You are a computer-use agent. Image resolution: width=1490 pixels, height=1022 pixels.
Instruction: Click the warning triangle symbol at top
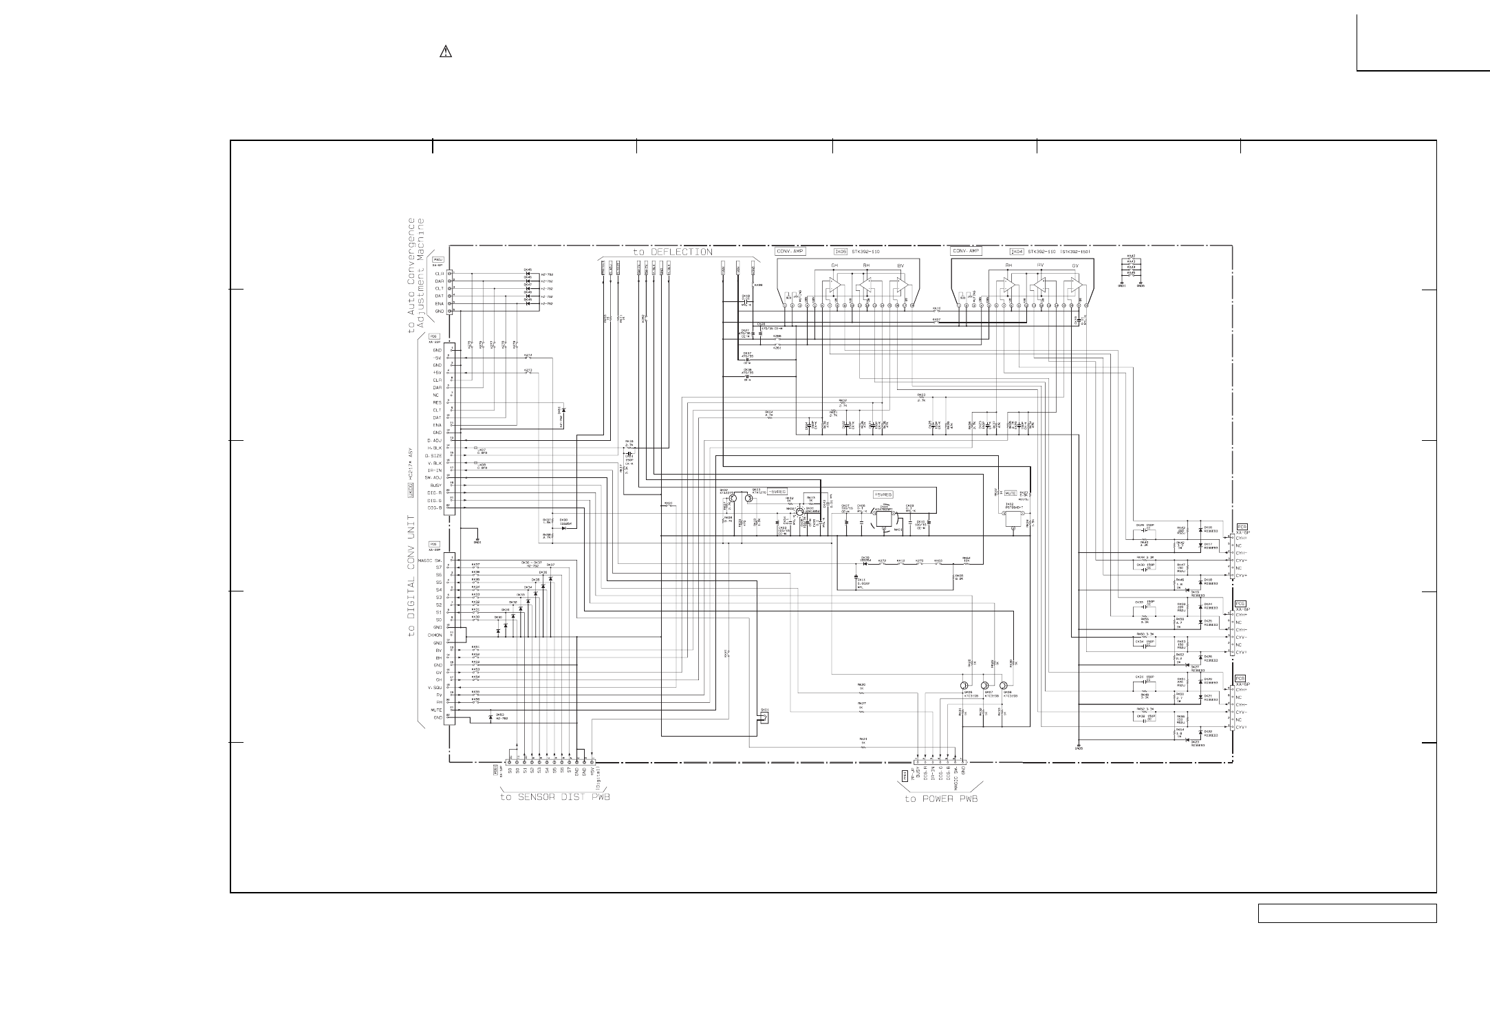click(x=445, y=52)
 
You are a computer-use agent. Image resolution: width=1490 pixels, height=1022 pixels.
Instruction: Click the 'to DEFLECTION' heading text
click(x=673, y=252)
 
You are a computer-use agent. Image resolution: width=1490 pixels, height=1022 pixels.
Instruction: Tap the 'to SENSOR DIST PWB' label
click(x=554, y=798)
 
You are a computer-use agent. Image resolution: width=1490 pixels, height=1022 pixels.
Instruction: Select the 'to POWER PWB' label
click(x=940, y=798)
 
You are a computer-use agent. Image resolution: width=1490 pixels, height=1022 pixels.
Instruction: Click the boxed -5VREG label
click(x=777, y=492)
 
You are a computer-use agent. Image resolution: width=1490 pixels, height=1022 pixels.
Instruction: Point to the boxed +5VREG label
click(x=883, y=494)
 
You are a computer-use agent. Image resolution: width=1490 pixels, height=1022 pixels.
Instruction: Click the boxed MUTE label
click(x=1011, y=493)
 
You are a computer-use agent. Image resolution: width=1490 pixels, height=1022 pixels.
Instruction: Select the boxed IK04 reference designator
click(x=1016, y=252)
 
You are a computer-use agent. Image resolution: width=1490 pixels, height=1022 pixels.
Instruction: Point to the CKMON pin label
click(x=433, y=635)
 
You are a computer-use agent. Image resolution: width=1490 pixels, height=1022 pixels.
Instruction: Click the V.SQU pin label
click(x=433, y=687)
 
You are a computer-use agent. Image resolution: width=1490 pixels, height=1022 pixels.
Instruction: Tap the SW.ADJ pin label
click(x=433, y=477)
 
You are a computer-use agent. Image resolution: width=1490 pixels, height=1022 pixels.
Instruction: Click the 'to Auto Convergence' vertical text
click(x=412, y=275)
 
